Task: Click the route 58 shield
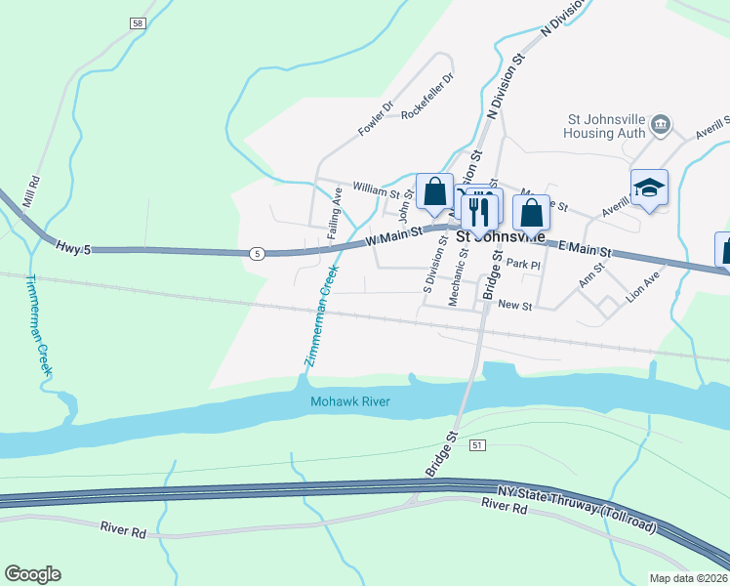point(137,21)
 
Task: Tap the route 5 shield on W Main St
point(257,254)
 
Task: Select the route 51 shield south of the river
point(476,445)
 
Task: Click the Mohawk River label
point(350,401)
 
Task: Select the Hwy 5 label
point(73,250)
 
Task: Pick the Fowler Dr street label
point(374,118)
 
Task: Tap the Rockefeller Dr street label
point(427,97)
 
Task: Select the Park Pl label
point(523,265)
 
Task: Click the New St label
point(513,306)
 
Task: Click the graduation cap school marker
point(649,188)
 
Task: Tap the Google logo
point(32,574)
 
